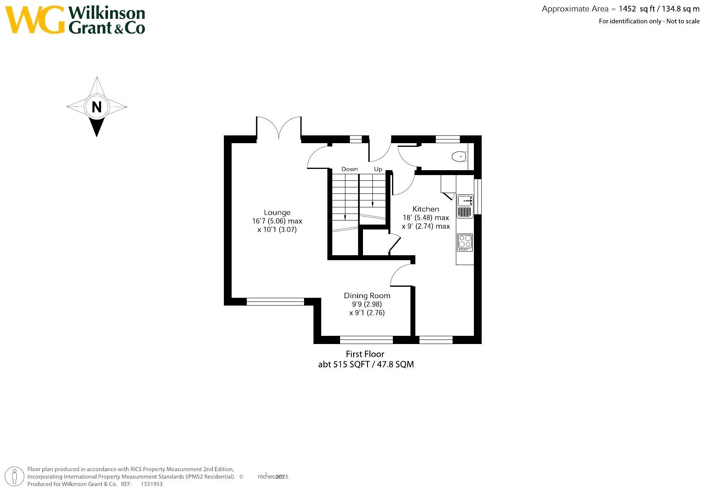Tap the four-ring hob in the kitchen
(464, 242)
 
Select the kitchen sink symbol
(465, 200)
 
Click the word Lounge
(277, 212)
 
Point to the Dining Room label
(367, 295)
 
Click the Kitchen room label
(426, 209)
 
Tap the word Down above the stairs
(349, 169)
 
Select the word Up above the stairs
(378, 169)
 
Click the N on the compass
(97, 107)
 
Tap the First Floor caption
(365, 354)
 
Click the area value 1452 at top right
(627, 9)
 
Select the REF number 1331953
(151, 484)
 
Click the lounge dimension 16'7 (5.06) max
(277, 221)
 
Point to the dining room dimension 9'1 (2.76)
(367, 313)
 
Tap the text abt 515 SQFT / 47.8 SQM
(366, 364)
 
